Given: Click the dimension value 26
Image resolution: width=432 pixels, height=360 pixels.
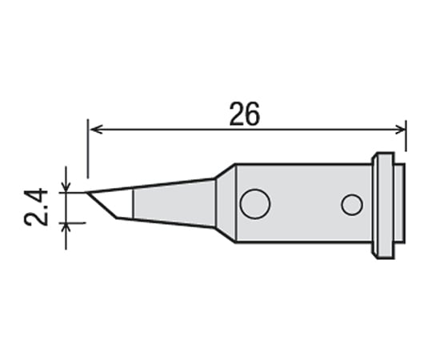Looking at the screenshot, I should point(245,115).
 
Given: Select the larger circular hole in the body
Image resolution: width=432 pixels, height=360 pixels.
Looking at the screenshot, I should point(255,204).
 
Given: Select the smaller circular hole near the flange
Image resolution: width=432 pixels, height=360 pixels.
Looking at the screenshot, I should point(351,205).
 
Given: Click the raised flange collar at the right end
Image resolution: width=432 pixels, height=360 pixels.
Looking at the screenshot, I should point(383,206).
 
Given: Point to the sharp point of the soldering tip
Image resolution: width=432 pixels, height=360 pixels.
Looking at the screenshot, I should point(87,192).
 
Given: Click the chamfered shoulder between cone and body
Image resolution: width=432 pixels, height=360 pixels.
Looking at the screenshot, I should point(226,203).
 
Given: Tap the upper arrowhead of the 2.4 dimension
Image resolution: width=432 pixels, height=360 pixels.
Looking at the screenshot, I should point(66,186).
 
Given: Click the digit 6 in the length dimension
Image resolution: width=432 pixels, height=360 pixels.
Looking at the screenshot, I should point(254,115).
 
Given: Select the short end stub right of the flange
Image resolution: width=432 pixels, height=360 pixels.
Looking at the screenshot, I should point(399,206).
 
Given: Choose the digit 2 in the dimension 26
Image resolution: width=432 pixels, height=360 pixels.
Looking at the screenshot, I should point(237,115).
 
